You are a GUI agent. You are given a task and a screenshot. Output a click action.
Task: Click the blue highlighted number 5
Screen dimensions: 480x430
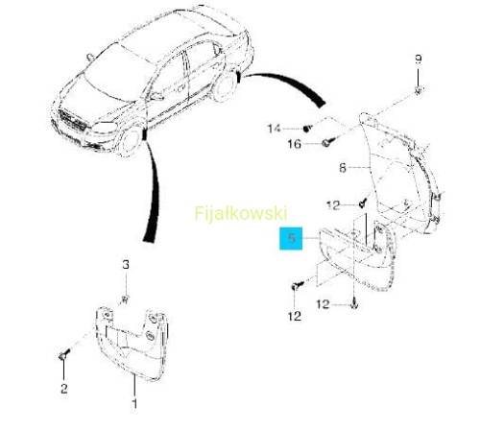[x=291, y=239]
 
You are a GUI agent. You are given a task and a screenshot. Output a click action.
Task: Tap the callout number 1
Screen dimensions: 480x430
[x=134, y=404]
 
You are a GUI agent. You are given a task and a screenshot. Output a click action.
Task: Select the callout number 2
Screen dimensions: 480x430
[x=64, y=389]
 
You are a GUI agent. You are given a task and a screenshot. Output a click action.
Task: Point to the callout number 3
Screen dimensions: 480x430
[x=126, y=265]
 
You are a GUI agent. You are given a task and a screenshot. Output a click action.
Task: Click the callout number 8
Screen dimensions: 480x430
[x=343, y=168]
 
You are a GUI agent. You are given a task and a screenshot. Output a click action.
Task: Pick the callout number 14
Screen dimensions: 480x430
[x=274, y=129]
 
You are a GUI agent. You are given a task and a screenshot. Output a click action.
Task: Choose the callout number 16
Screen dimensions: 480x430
[x=295, y=144]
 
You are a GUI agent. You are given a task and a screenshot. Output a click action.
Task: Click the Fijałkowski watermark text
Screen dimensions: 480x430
[x=241, y=213]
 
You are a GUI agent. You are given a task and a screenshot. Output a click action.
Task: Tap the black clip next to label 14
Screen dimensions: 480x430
[x=306, y=129]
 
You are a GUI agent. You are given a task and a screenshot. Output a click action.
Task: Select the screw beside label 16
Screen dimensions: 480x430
[x=328, y=142]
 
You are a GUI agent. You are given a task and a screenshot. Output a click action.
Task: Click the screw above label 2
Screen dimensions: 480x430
[x=64, y=354]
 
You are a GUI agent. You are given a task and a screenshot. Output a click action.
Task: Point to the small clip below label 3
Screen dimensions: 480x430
[x=125, y=299]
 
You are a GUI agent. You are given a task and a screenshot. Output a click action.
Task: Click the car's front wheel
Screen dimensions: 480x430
[x=130, y=141]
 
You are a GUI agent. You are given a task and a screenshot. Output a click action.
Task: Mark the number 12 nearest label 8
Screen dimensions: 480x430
[x=333, y=205]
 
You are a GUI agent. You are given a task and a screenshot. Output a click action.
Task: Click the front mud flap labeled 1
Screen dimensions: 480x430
[x=132, y=343]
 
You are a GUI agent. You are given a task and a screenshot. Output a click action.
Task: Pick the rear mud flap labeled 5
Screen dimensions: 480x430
[x=357, y=256]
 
